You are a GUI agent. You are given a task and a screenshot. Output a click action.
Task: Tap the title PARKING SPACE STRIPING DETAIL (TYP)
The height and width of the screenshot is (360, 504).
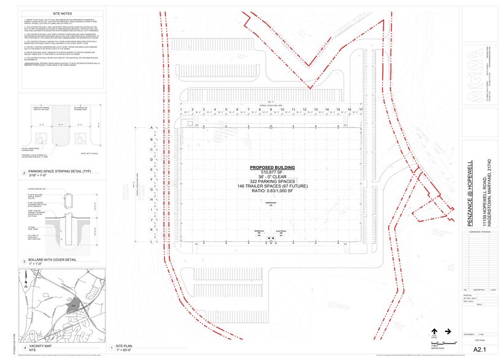point(53,173)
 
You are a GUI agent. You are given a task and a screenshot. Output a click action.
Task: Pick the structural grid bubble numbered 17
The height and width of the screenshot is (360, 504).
point(361,110)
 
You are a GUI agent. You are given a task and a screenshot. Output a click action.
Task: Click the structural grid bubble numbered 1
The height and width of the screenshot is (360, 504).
point(182,110)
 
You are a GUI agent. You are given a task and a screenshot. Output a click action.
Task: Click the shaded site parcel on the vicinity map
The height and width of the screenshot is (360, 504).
point(71,303)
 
